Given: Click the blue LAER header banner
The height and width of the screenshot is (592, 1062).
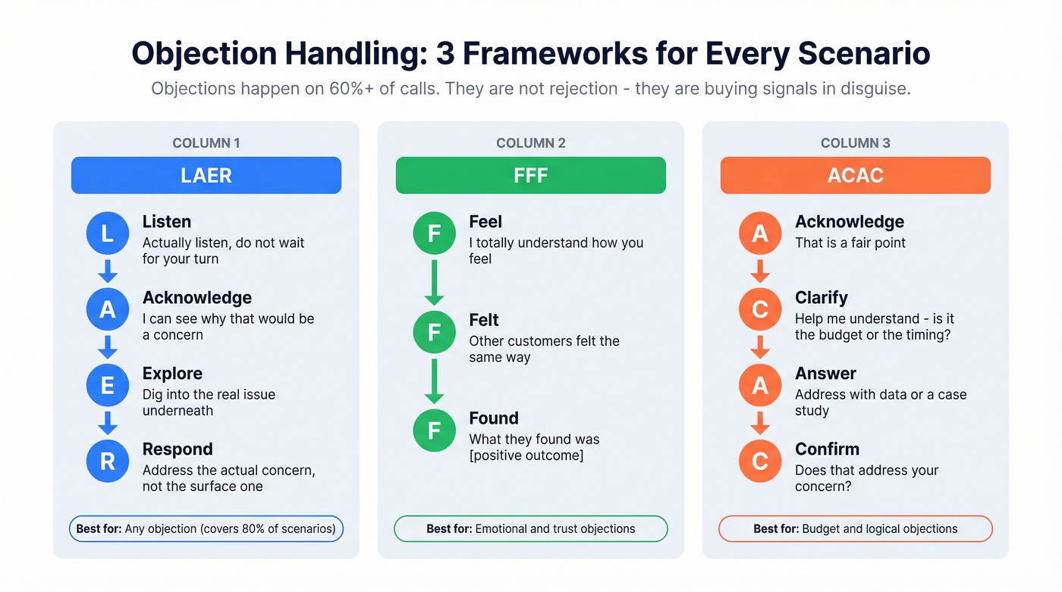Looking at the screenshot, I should tap(206, 175).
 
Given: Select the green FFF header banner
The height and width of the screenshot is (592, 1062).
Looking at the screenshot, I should tap(530, 175).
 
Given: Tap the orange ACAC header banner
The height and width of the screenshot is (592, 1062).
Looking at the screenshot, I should tap(855, 175).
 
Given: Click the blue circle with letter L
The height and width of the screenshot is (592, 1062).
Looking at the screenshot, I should tap(108, 233).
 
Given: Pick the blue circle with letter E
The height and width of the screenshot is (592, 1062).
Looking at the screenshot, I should tap(108, 385).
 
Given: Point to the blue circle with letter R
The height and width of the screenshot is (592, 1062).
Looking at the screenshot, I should tap(108, 461).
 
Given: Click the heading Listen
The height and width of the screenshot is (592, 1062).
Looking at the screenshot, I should tap(167, 222).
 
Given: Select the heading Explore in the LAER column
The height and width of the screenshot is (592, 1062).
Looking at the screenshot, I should tap(172, 374).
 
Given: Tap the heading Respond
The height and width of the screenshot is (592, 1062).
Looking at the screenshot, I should tap(178, 449).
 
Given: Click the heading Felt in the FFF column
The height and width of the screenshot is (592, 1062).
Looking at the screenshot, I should tap(484, 320).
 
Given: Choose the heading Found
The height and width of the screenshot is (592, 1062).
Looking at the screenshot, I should tap(494, 418).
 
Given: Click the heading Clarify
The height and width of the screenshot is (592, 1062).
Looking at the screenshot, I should tap(821, 298).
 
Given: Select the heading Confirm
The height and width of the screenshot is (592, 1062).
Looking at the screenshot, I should tap(827, 449).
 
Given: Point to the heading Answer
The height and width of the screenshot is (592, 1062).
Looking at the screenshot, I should tap(825, 374).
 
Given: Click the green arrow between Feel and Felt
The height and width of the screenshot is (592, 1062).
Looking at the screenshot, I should tap(434, 282).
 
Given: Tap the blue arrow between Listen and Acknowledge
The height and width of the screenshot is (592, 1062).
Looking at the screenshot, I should tap(108, 271).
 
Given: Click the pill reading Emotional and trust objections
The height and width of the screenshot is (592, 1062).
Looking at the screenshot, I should tap(530, 529).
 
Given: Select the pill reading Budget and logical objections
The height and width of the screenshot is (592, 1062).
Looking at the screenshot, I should tap(855, 529).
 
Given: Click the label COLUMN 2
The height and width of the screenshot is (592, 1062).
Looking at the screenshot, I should tap(530, 143).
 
